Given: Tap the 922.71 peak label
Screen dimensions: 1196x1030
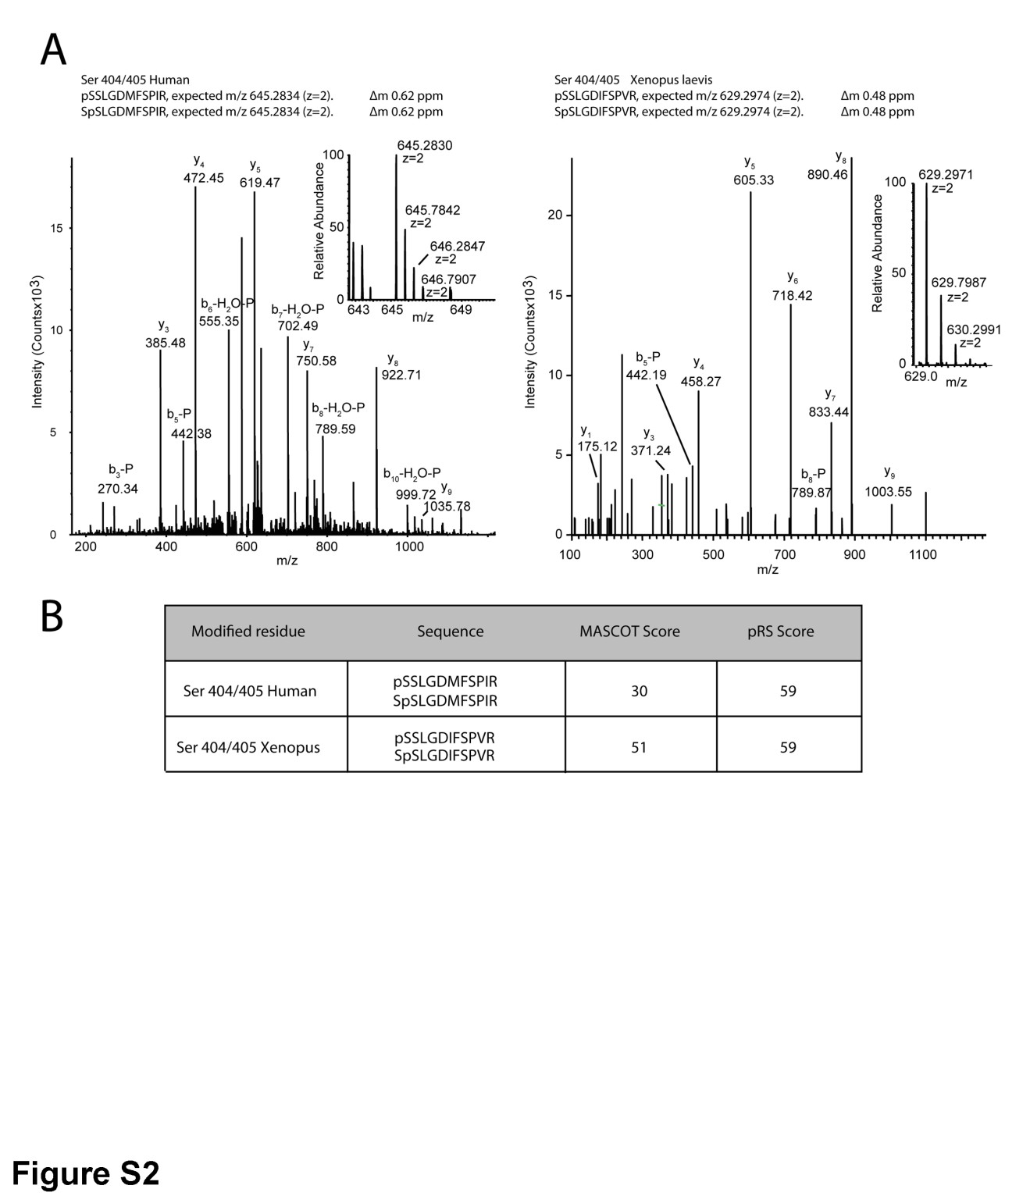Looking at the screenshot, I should (401, 375).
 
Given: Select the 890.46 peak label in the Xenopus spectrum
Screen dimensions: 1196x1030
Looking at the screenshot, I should (827, 175).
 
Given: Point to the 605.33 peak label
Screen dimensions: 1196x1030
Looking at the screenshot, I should (754, 180).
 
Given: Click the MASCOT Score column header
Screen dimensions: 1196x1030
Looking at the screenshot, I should (629, 632).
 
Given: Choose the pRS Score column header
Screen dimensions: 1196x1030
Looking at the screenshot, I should (780, 632).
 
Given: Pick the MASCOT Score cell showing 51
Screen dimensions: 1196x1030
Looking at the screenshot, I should (639, 747).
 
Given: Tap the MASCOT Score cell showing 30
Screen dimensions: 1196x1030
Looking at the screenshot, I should (639, 691).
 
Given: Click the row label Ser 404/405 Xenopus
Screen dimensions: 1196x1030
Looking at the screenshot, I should (248, 747).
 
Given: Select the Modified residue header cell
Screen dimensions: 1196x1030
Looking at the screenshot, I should (248, 632).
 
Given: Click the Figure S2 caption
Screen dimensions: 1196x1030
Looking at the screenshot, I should (85, 1173).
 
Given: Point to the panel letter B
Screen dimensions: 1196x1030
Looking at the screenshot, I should (52, 616).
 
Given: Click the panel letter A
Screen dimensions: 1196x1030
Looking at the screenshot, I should (53, 50).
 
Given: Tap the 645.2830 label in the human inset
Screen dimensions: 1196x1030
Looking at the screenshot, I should (424, 146).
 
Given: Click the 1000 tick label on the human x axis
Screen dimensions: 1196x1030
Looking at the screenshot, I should (409, 546).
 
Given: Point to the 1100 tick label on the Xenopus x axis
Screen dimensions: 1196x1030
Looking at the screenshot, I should (923, 555).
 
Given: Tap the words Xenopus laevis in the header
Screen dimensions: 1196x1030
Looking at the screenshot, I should (671, 80).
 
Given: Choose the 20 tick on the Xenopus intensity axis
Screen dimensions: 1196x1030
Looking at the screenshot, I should (555, 215).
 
